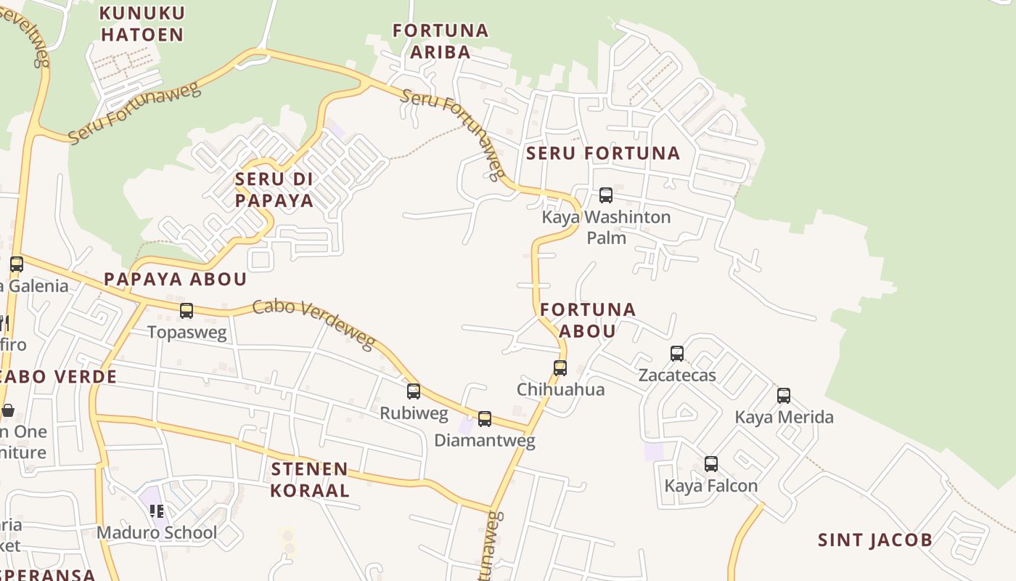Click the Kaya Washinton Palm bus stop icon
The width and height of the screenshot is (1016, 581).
coord(606,195)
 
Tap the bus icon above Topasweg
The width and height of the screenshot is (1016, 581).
coord(187,311)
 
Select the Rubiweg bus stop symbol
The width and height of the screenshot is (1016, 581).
coord(414,391)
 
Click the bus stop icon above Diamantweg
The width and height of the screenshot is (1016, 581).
coord(485,418)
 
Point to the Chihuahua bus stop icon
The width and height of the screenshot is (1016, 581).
coord(560,367)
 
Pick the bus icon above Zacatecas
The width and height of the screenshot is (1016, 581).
coord(677,354)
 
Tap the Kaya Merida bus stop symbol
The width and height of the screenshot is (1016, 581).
coord(784,396)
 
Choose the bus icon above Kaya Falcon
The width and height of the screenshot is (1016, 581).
coord(711,464)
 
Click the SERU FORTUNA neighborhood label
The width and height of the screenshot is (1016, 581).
coord(603,153)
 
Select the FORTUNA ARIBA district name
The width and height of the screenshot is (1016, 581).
coord(441,41)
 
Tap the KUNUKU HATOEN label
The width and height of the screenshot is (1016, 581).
coord(142,23)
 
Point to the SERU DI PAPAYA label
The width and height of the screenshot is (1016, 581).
coord(274,190)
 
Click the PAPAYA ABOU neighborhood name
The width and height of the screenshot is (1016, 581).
coord(176,279)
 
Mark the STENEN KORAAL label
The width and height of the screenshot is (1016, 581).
coord(310,479)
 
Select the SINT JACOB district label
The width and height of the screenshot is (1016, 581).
coord(875,540)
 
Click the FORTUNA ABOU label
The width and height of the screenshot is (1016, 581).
coord(588,320)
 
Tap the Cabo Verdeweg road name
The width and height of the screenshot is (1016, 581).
coord(314,323)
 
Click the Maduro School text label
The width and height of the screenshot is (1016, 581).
coord(157,532)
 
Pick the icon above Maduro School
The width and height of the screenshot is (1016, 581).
coord(157,511)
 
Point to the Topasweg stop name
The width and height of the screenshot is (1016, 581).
coord(187,333)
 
